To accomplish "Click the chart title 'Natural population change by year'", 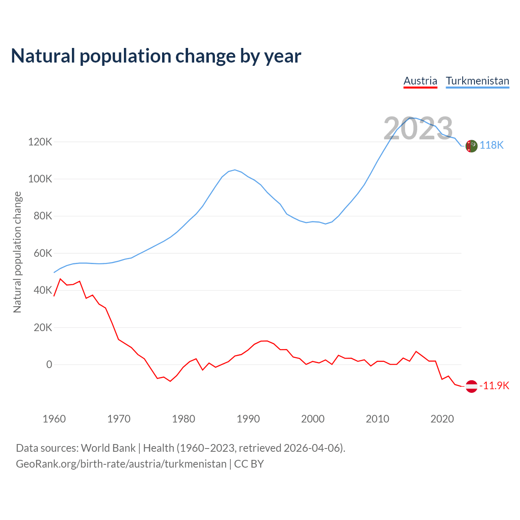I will point(156,56).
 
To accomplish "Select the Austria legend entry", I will point(420,81).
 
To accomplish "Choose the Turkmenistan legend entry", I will point(477,81).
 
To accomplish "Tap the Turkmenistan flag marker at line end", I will point(471,146).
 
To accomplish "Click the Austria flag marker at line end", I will point(471,386).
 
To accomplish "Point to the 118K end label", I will point(492,145).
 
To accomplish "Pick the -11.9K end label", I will point(494,386).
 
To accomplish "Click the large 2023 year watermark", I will point(418,128).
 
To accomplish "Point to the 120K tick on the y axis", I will point(40,142).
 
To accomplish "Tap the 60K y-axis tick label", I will point(43,253).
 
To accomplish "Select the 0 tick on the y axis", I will point(49,365).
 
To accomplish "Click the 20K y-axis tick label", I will point(43,327).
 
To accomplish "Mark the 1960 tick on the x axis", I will point(54,419).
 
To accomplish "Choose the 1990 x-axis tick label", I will point(248,419).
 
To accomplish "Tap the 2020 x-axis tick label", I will point(442,419).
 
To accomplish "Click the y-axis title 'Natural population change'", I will point(17,252).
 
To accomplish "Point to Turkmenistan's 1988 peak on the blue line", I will point(235,170).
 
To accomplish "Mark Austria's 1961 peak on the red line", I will point(61,279).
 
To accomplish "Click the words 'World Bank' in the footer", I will point(108,448).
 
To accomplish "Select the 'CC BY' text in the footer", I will point(249,464).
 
